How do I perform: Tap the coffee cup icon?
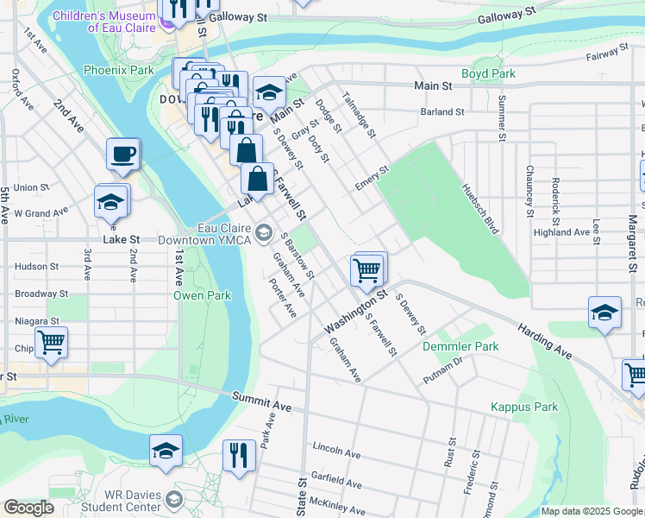point(122,155)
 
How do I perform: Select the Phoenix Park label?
point(118,70)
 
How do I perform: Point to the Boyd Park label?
point(488,74)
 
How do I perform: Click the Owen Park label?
point(202,295)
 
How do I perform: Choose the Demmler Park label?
point(460,346)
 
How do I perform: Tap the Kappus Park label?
point(524,407)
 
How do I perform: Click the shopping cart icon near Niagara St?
point(51,342)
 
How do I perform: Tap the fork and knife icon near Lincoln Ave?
point(239,454)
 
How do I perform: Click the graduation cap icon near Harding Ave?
point(604,313)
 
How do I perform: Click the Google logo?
point(28,508)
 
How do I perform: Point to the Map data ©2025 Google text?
point(592,511)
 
